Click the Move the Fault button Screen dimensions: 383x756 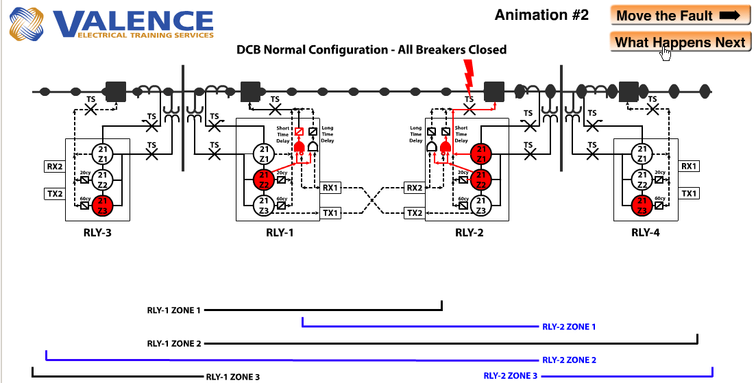click(x=679, y=16)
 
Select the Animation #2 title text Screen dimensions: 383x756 click(x=541, y=15)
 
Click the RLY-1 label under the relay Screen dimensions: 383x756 click(x=280, y=232)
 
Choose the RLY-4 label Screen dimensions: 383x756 click(x=646, y=232)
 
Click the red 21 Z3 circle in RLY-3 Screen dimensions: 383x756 click(x=102, y=203)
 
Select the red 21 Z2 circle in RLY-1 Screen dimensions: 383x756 click(x=263, y=179)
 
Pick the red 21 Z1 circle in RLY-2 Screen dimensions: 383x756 click(x=482, y=154)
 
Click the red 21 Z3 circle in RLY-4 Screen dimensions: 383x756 click(x=641, y=203)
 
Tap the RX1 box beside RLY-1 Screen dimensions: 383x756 click(x=330, y=187)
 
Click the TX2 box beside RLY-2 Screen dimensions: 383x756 click(x=415, y=213)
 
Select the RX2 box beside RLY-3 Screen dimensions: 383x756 click(x=53, y=166)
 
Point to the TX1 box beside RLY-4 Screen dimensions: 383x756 click(x=690, y=194)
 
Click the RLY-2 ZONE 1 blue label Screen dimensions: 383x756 click(x=568, y=327)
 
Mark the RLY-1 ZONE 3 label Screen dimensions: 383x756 click(x=232, y=376)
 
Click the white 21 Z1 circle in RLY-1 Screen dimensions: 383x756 click(x=263, y=153)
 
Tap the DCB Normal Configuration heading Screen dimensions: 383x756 click(x=371, y=49)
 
